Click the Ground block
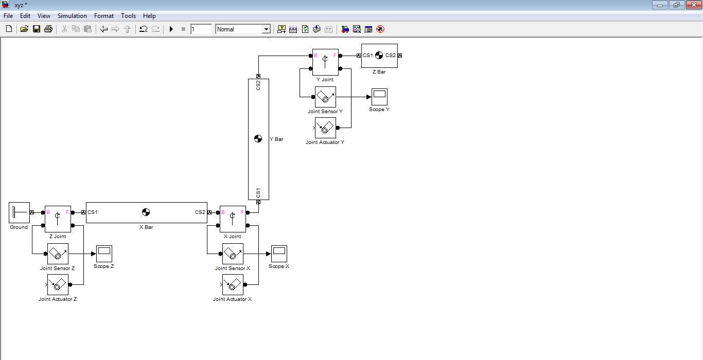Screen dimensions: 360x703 (x=19, y=212)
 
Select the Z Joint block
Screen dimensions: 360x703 (x=58, y=219)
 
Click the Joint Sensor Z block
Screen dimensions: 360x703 (x=58, y=254)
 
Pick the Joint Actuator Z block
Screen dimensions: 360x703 (x=58, y=284)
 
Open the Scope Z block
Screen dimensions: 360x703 (x=104, y=254)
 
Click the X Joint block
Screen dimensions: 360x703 (x=233, y=219)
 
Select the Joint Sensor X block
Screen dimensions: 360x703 (x=233, y=254)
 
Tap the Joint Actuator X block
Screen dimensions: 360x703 (x=233, y=284)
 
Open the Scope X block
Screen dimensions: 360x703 (x=279, y=254)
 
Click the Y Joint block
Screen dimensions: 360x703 (x=325, y=62)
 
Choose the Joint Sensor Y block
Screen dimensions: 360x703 (x=325, y=97)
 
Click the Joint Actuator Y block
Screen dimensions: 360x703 (x=325, y=128)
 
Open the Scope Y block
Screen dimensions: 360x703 (x=379, y=97)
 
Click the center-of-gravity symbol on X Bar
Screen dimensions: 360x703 (x=146, y=212)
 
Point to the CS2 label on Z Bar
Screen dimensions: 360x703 (x=391, y=56)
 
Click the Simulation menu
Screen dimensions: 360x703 (x=72, y=16)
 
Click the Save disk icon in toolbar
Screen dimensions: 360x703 (x=37, y=29)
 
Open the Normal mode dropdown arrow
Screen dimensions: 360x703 (x=266, y=29)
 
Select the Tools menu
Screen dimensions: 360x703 (x=128, y=16)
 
